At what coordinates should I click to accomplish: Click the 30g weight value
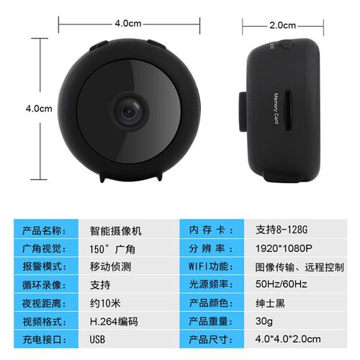pos(264,320)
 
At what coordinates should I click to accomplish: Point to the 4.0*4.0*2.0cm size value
pos(284,338)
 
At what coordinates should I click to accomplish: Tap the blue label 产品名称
pos(44,231)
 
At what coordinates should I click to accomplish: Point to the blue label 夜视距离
pos(44,302)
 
